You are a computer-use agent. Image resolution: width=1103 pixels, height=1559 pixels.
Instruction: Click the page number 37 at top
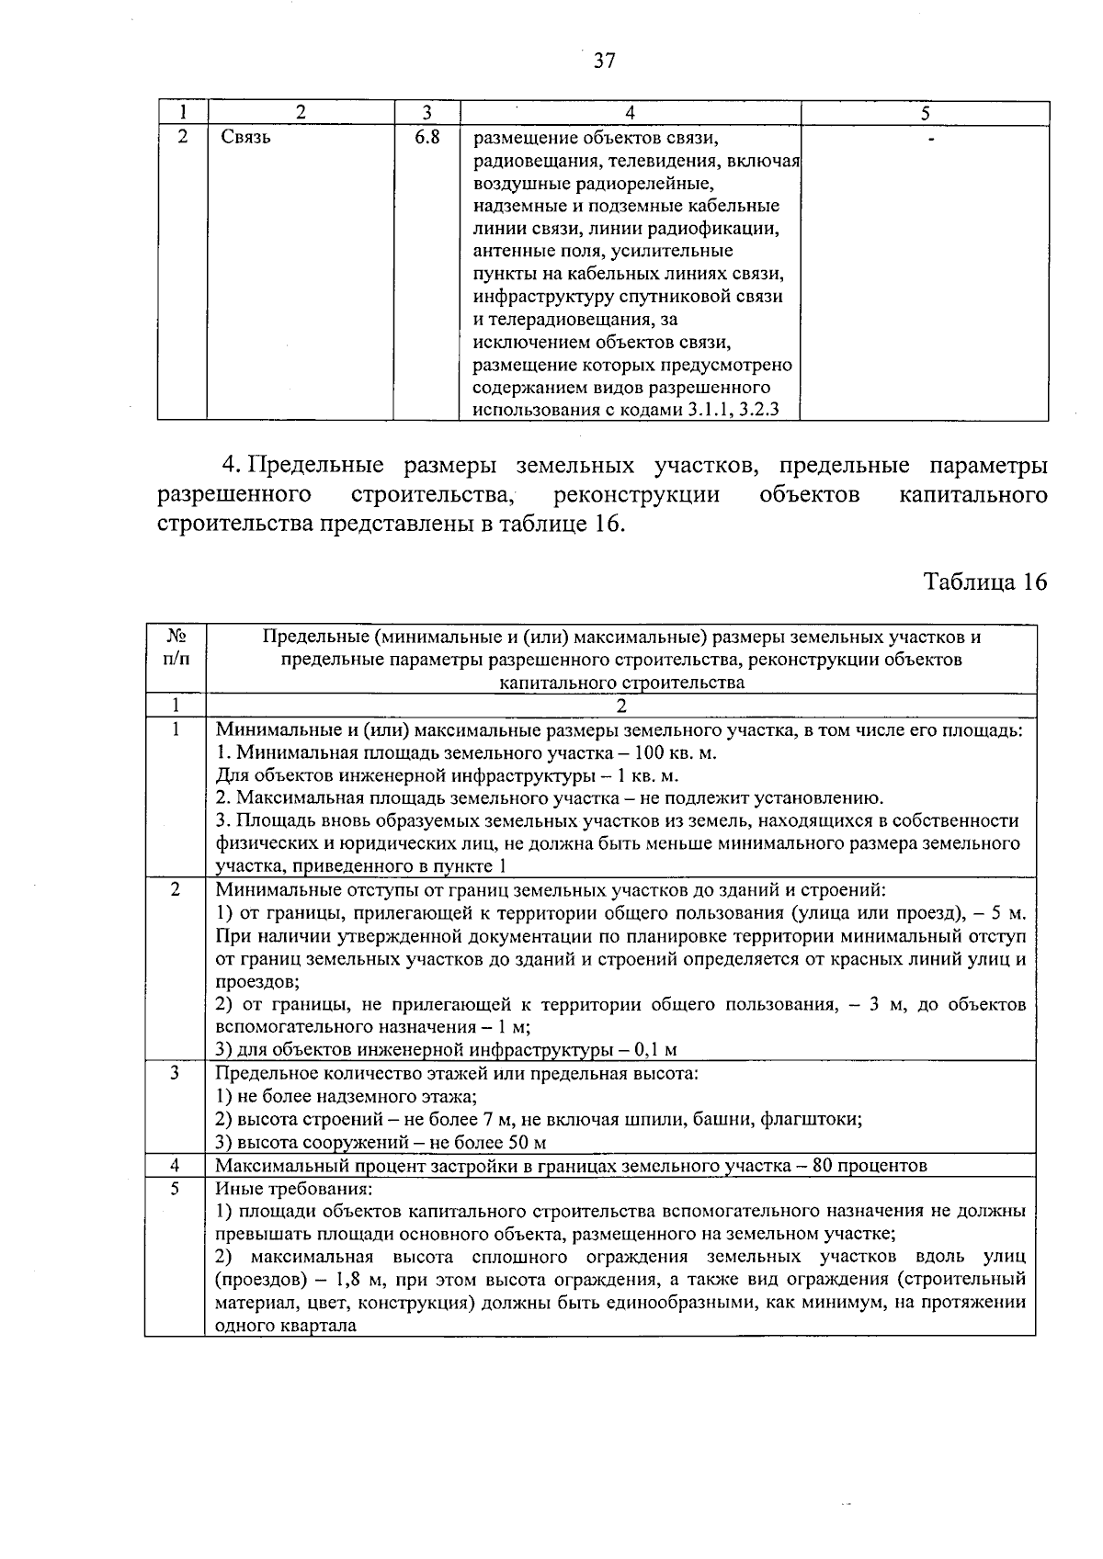pos(604,62)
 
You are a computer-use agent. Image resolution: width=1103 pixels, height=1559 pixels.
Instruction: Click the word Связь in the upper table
pos(245,138)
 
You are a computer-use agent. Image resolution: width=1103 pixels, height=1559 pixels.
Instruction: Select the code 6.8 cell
pos(427,138)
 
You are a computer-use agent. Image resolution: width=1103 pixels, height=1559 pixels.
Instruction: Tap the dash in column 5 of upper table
pos(932,139)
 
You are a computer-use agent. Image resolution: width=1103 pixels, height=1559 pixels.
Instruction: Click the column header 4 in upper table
pos(630,113)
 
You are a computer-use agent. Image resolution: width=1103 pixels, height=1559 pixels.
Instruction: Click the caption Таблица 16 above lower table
pos(984,582)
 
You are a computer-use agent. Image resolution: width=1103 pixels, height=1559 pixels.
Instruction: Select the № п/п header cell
pos(176,648)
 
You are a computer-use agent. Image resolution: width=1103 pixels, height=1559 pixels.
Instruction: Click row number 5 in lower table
pos(175,1188)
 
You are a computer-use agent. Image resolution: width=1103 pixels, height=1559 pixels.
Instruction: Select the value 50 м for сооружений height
pos(527,1143)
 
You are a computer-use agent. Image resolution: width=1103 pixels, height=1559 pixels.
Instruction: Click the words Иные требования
pos(283,1189)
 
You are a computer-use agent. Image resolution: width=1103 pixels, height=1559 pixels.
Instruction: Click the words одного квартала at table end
pos(285,1326)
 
